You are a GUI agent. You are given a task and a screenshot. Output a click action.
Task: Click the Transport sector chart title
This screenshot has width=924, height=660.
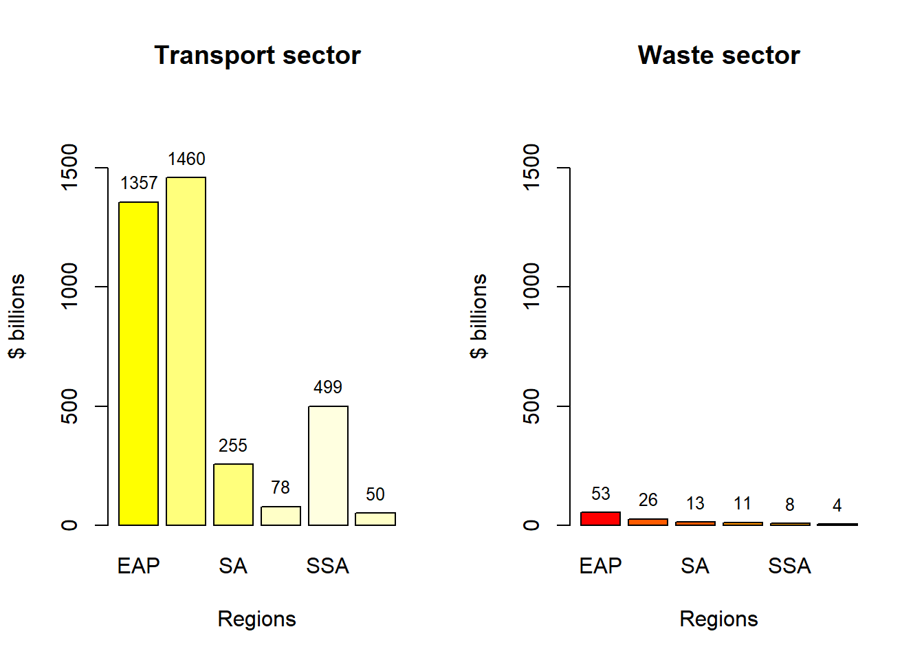[x=257, y=56]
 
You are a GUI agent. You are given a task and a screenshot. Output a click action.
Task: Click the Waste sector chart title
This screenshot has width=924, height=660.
[x=718, y=56]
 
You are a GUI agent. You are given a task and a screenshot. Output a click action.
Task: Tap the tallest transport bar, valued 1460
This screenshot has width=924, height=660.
[x=186, y=351]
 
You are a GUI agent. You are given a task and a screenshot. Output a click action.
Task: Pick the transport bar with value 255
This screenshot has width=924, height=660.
[x=233, y=494]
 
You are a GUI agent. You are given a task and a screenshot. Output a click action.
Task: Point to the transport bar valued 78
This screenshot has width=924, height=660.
[x=280, y=516]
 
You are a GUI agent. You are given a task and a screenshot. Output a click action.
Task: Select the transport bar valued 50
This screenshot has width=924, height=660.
[x=375, y=519]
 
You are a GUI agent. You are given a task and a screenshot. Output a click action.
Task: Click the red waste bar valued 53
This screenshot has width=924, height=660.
[x=600, y=518]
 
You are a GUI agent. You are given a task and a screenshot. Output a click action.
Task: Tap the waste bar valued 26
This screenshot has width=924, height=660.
[x=648, y=522]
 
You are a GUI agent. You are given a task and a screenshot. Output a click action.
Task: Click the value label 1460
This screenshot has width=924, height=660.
[x=186, y=159]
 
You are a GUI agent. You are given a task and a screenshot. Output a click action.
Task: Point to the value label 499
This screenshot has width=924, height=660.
[x=328, y=388]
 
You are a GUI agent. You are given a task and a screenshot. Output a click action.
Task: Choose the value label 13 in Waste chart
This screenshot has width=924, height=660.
[x=695, y=504]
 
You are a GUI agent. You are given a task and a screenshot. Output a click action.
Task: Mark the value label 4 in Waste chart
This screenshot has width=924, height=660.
[x=837, y=506]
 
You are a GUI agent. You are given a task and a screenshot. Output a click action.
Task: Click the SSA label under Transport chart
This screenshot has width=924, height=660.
[x=328, y=566]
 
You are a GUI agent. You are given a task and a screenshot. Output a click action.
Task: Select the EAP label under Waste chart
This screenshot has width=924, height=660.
[x=600, y=566]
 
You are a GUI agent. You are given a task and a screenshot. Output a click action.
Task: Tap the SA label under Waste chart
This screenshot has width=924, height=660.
[x=695, y=566]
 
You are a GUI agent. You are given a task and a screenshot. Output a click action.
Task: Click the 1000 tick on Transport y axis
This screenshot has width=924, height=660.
[x=69, y=286]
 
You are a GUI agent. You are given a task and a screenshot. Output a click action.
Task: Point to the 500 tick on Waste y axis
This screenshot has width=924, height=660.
[x=531, y=406]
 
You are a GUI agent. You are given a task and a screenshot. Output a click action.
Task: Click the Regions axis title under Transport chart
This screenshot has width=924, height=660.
[x=256, y=619]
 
